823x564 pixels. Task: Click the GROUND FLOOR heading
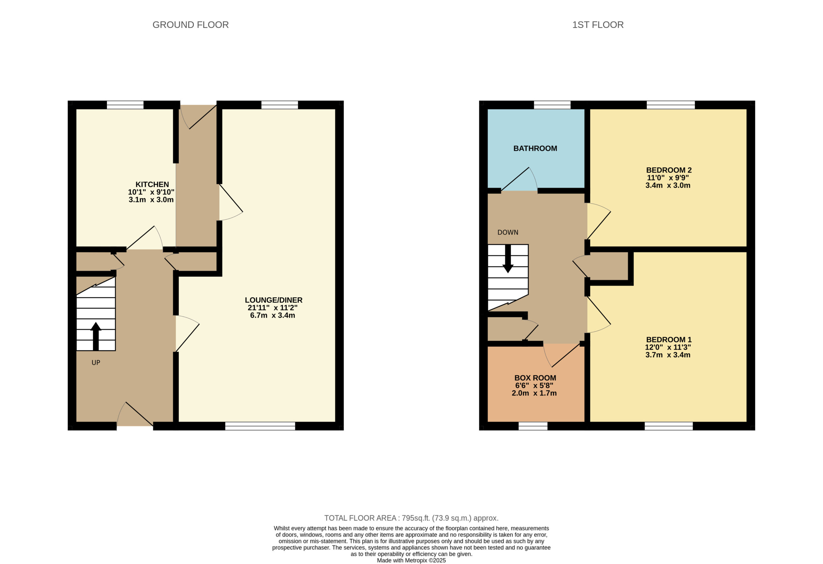click(191, 25)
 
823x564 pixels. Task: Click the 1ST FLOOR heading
click(598, 25)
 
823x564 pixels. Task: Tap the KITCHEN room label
click(152, 184)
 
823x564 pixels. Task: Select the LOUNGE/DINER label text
click(273, 300)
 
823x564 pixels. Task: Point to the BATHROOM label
click(535, 149)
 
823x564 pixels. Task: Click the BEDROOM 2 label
click(669, 170)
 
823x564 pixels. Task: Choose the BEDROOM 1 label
click(669, 339)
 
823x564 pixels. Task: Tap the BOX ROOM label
click(535, 378)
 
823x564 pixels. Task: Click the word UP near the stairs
click(96, 362)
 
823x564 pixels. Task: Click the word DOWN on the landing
click(508, 232)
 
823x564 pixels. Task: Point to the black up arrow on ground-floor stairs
click(95, 336)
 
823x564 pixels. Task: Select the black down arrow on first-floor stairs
click(508, 259)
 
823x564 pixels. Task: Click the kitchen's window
click(125, 105)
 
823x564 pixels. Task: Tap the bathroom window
click(552, 105)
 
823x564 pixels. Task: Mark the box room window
click(533, 426)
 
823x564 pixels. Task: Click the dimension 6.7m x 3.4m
click(272, 315)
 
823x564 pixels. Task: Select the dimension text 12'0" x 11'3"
click(668, 347)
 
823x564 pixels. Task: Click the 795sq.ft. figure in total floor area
click(416, 518)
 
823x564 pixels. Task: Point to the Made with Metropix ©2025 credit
click(411, 560)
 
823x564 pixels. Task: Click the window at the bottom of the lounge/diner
click(260, 426)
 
